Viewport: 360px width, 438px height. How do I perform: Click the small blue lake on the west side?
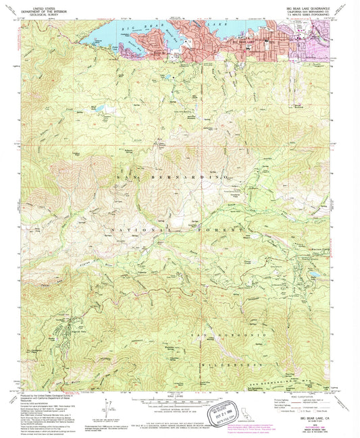pyautogui.click(x=100, y=108)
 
